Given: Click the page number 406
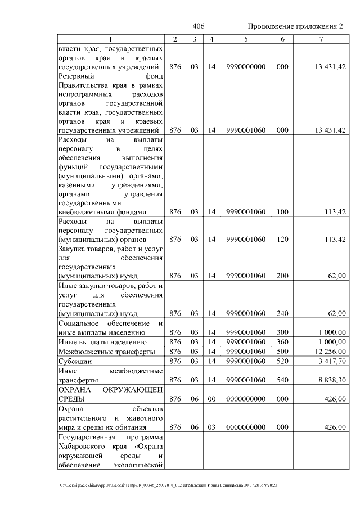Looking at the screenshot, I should click(198, 27).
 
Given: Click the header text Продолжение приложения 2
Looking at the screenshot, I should click(295, 27).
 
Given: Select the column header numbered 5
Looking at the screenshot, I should click(246, 39).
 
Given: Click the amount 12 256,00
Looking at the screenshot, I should click(327, 351).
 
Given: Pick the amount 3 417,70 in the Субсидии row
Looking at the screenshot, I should click(329, 361).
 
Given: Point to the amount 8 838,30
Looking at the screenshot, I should click(329, 380).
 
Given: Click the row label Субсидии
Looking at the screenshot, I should click(74, 361).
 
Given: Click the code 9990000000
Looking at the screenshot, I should click(246, 67).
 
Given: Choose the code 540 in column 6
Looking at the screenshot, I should click(282, 380).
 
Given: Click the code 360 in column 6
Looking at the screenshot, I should click(282, 341).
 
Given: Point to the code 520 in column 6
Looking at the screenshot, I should click(282, 361).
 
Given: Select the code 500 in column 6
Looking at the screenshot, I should click(282, 351).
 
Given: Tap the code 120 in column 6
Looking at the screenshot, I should click(282, 239).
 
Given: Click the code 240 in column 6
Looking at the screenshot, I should click(282, 313).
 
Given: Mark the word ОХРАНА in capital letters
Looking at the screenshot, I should click(76, 390).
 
